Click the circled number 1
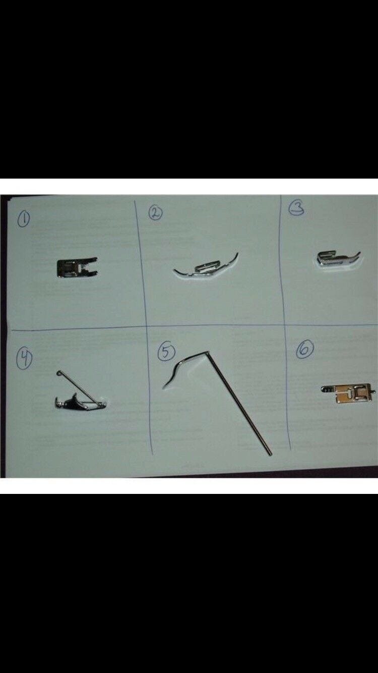click(24, 219)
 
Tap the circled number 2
click(156, 213)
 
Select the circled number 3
click(296, 208)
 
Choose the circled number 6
click(305, 350)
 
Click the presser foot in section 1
click(77, 267)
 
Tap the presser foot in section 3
click(338, 259)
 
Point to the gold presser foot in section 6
click(348, 392)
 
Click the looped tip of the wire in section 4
click(58, 373)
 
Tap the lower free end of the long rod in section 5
click(270, 454)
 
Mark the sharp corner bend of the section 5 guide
click(208, 352)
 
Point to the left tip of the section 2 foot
click(175, 270)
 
